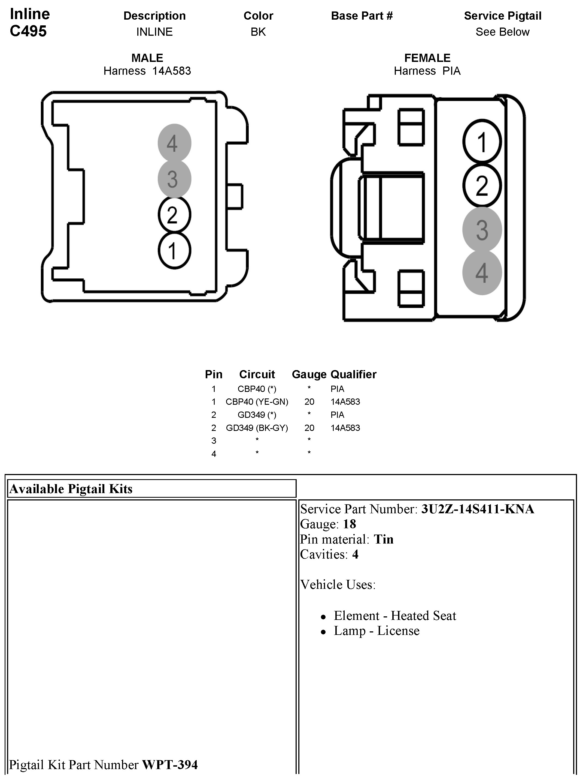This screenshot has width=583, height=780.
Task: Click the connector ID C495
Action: tap(28, 31)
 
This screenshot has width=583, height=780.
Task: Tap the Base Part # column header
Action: tap(362, 16)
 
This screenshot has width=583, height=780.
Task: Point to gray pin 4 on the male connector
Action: tap(174, 143)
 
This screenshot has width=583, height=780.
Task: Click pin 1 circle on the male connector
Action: tap(174, 251)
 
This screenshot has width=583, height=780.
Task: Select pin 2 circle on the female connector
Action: tap(482, 185)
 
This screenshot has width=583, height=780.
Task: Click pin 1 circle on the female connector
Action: tap(482, 142)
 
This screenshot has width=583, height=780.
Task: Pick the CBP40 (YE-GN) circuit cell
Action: tap(257, 402)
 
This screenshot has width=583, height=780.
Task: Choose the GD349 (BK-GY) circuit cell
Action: tap(257, 428)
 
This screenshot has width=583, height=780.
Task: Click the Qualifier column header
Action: tap(353, 374)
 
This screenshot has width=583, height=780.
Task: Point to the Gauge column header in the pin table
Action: tap(309, 374)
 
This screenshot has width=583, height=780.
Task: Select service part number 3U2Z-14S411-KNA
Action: tap(477, 509)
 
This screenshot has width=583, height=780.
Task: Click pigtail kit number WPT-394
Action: tap(169, 764)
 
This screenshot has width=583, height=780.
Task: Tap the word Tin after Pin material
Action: tap(383, 539)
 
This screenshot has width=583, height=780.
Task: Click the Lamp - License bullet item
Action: tap(376, 631)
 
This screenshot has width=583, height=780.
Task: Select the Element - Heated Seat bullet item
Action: tap(394, 615)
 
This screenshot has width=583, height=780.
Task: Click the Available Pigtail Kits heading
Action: tap(71, 489)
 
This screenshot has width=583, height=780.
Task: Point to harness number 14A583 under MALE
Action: tap(172, 71)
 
